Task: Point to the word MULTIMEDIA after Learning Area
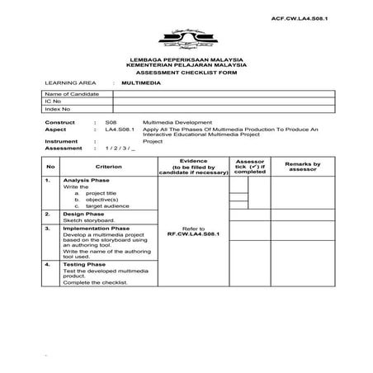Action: click(141, 83)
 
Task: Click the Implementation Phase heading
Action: click(96, 228)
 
